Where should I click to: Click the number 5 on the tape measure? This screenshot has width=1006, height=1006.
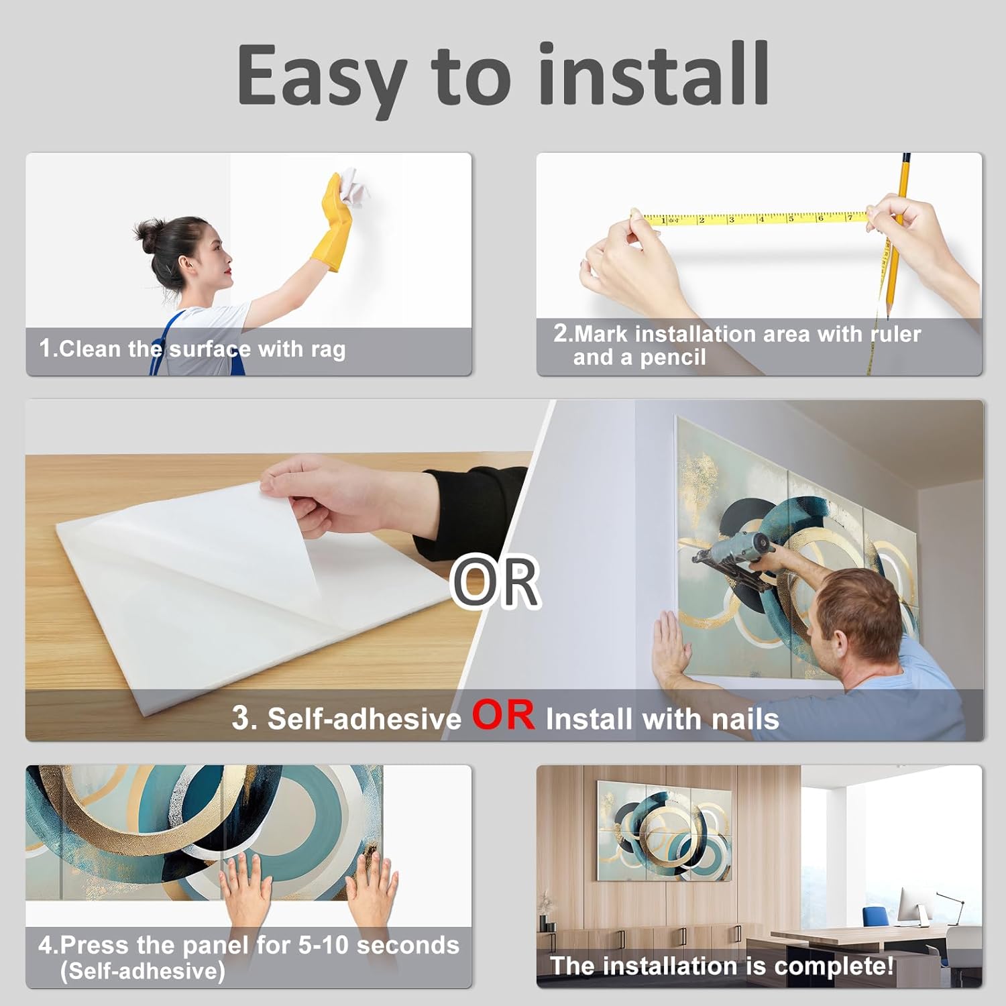pos(791,219)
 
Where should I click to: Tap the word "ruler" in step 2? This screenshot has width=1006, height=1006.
pos(895,334)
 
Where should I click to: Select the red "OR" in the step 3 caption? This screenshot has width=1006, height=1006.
pos(504,715)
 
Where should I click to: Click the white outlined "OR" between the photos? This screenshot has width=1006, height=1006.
pos(496,581)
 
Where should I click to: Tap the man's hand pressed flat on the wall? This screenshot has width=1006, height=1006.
pos(671,647)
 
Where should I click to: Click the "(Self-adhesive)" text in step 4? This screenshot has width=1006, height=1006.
pos(142,970)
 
